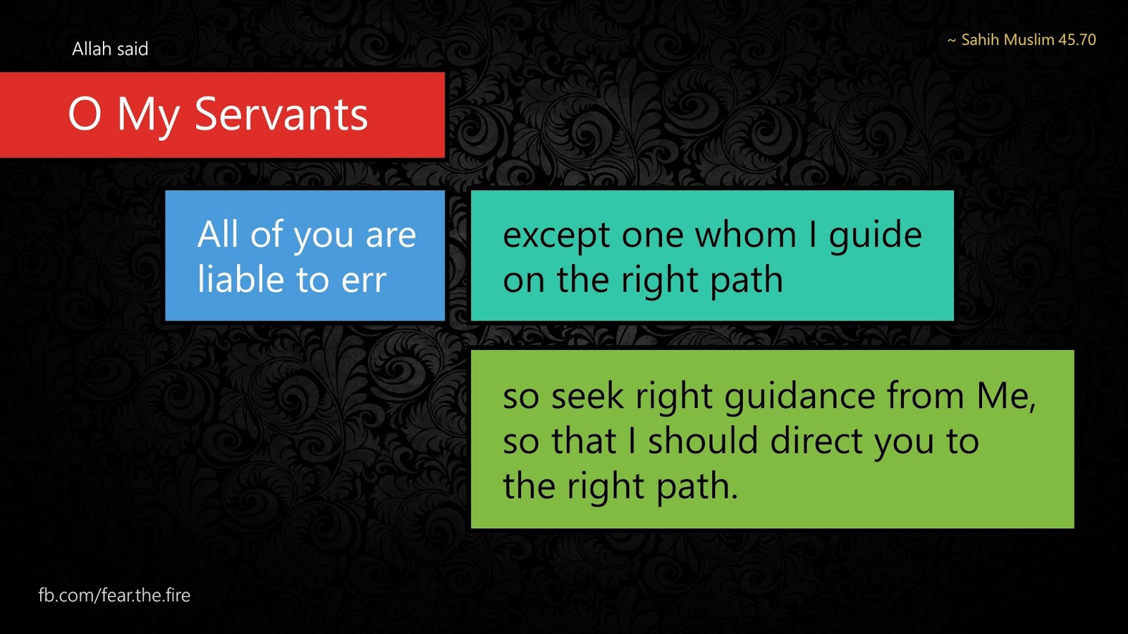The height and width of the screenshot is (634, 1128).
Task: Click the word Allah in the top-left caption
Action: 92,49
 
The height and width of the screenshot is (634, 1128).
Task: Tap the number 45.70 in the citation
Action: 1077,39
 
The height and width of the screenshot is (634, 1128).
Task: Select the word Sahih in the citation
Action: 980,39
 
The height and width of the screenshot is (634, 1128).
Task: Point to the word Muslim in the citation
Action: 1029,39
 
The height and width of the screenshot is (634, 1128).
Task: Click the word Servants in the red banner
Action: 281,114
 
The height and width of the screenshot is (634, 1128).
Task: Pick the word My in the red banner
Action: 148,117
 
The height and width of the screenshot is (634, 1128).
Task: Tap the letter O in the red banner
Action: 85,114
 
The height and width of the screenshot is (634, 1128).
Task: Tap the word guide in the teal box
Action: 875,236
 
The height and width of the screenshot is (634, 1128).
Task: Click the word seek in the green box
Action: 588,395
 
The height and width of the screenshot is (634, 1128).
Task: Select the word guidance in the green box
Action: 800,398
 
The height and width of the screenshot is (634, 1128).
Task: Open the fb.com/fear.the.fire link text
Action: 114,595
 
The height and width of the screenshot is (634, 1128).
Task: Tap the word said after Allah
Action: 133,49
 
